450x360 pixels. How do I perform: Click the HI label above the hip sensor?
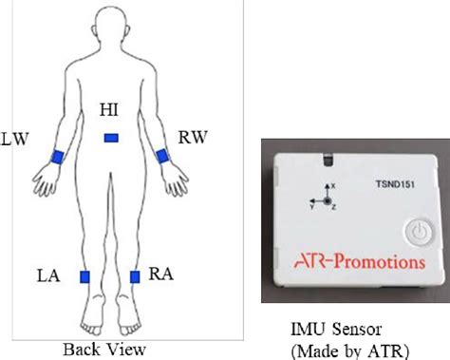109,112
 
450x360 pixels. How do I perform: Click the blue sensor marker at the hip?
112,139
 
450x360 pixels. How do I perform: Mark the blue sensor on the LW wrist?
57,157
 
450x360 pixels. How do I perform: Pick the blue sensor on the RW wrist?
162,155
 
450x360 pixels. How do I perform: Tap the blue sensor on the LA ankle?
84,276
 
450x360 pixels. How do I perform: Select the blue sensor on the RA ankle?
136,277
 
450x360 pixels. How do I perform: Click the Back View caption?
104,348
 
